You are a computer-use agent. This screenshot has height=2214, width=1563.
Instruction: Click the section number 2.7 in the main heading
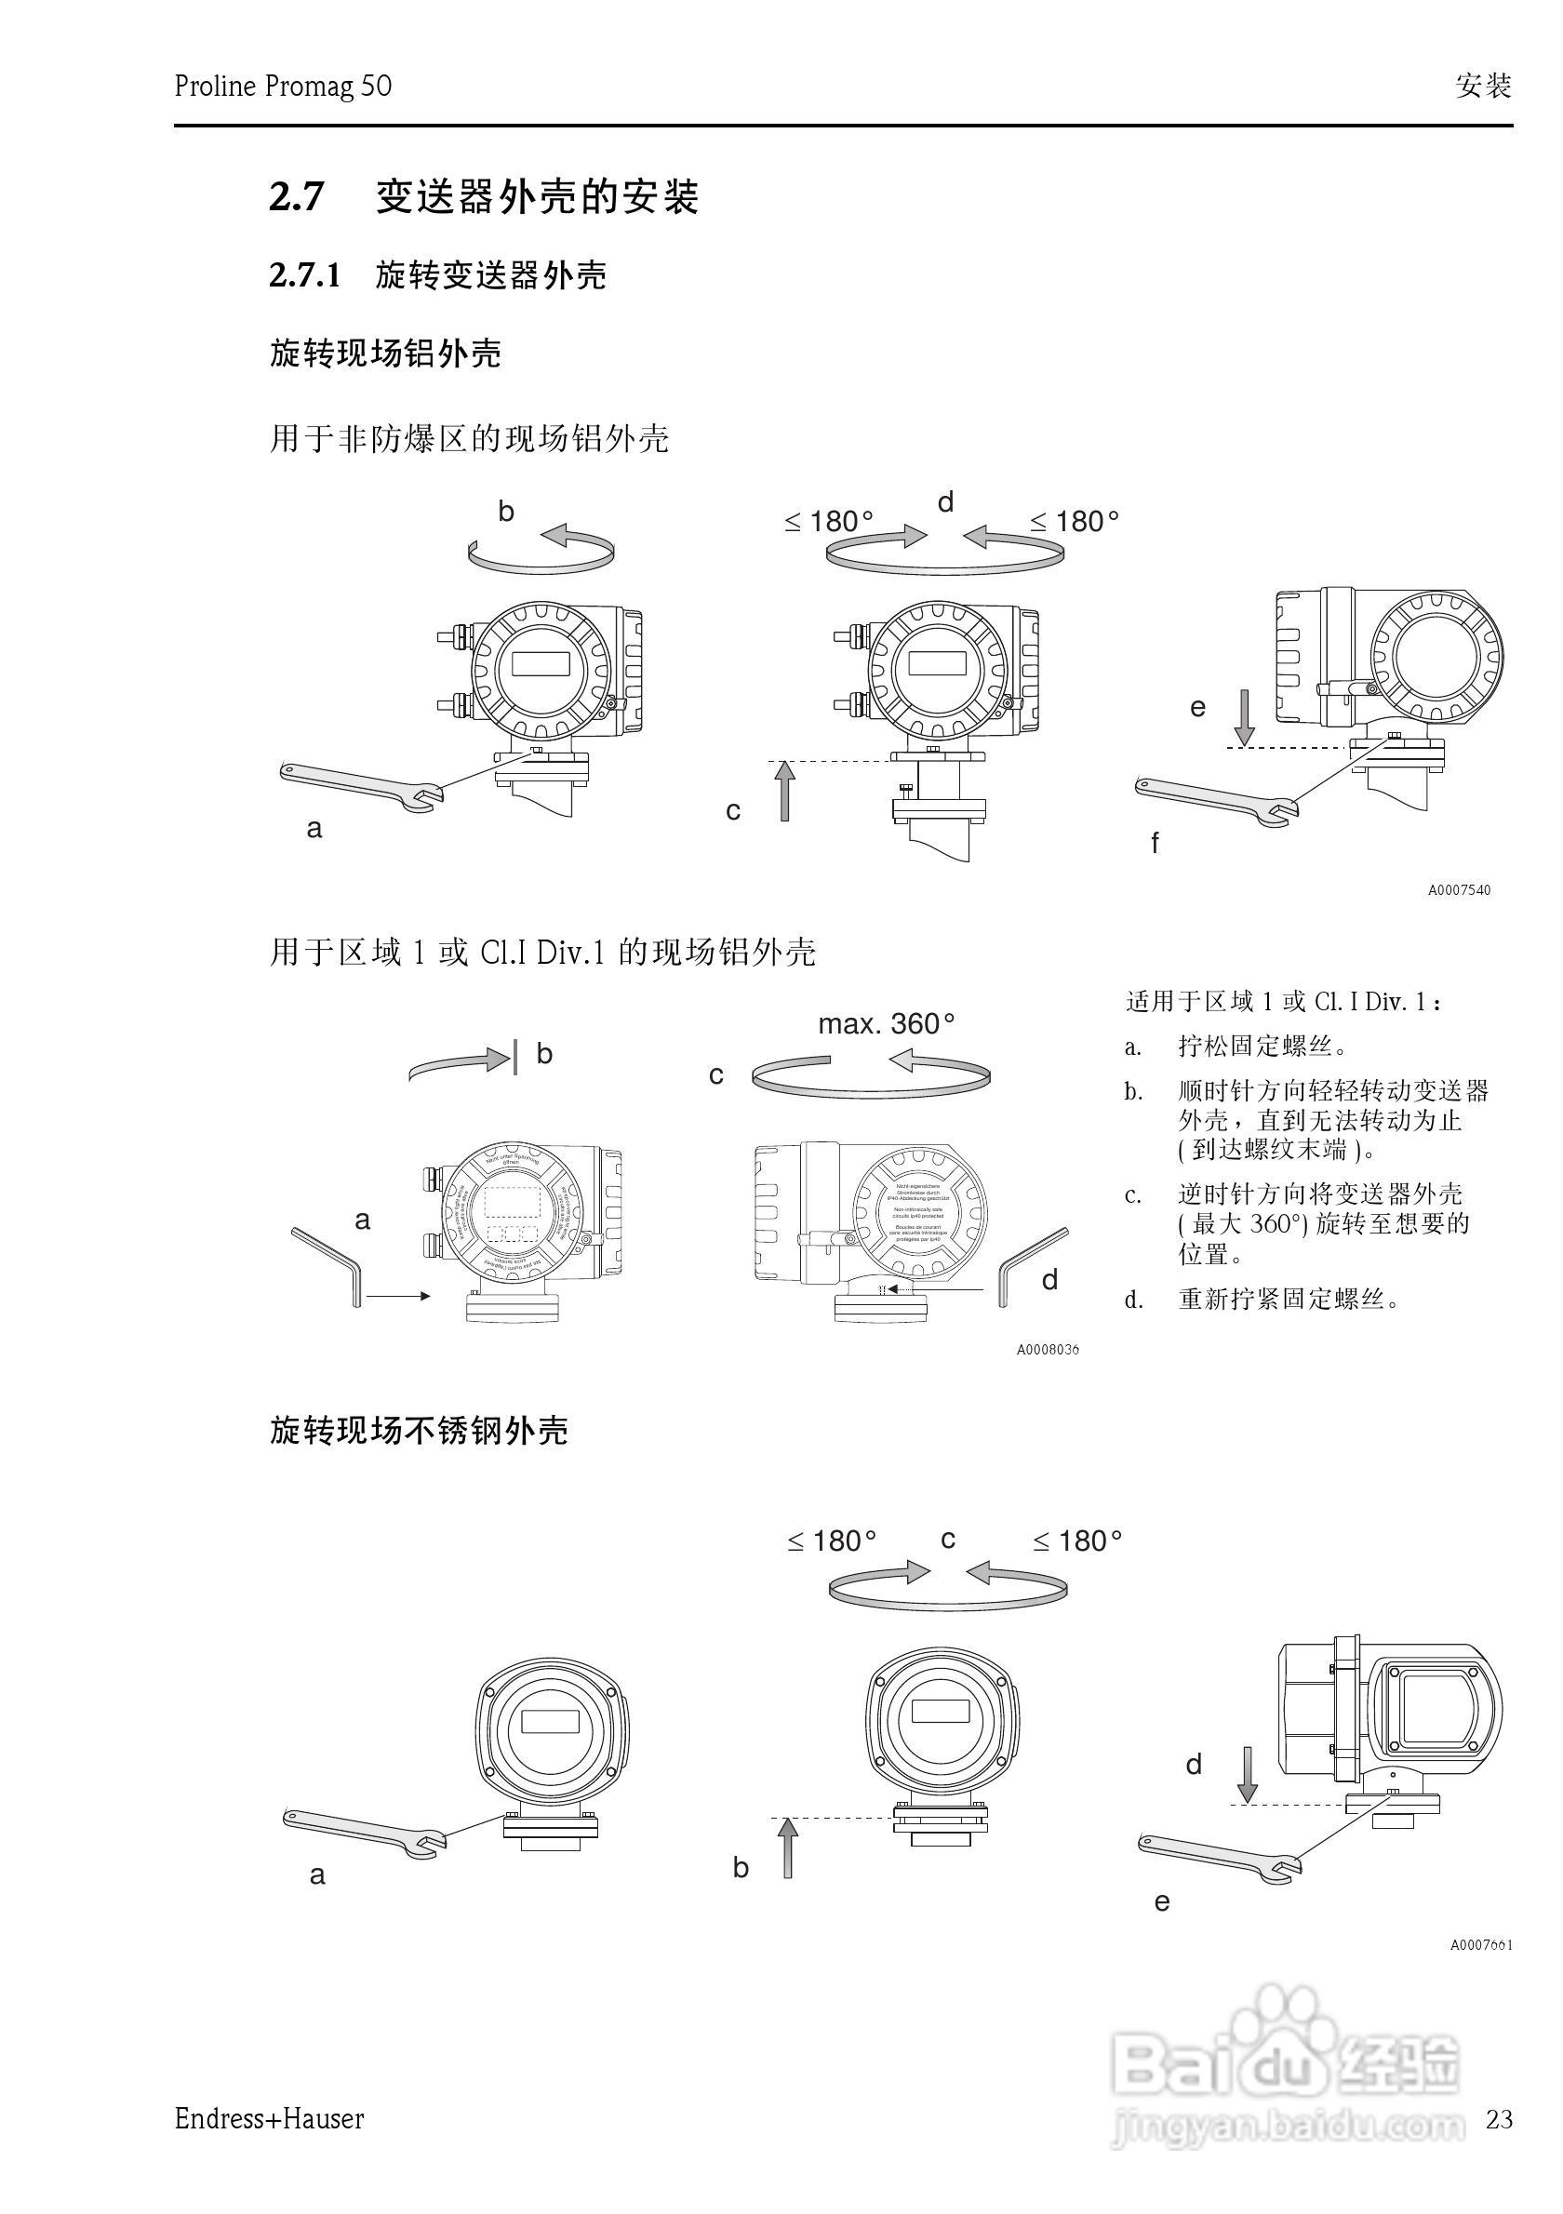pyautogui.click(x=296, y=197)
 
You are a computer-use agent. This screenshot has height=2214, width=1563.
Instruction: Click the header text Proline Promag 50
pyautogui.click(x=283, y=87)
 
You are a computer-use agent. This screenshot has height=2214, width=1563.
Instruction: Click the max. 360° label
pyautogui.click(x=886, y=1023)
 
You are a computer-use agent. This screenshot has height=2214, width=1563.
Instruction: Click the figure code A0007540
pyautogui.click(x=1459, y=890)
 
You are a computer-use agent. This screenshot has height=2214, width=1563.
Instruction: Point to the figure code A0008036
pyautogui.click(x=1048, y=1350)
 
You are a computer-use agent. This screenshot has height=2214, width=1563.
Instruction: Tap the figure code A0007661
pyautogui.click(x=1481, y=1945)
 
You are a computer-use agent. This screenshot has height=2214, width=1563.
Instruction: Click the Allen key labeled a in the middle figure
pyautogui.click(x=327, y=1264)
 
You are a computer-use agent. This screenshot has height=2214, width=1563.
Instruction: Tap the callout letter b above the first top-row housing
pyautogui.click(x=506, y=512)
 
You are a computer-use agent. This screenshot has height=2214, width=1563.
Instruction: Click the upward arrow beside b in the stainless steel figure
pyautogui.click(x=788, y=1847)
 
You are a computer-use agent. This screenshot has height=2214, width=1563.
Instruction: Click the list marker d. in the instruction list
pyautogui.click(x=1134, y=1300)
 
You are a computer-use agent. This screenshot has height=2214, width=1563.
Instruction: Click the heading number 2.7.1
pyautogui.click(x=305, y=277)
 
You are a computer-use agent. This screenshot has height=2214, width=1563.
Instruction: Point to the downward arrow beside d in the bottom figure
pyautogui.click(x=1248, y=1773)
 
